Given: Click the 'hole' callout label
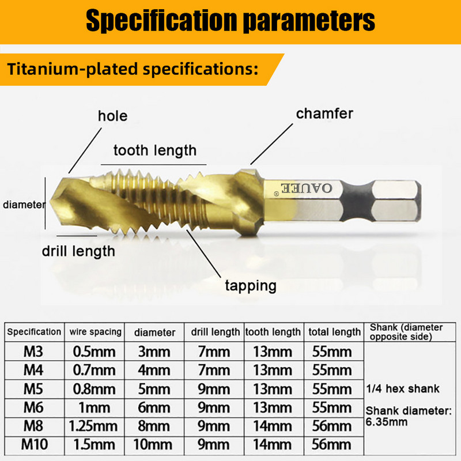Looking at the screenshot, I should point(112,116).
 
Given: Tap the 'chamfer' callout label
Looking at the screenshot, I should point(324,114).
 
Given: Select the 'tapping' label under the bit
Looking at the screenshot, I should point(250,285).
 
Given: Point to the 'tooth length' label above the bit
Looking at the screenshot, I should point(154,151).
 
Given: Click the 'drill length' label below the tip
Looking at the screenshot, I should point(78,251).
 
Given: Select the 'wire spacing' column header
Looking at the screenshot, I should point(96,331).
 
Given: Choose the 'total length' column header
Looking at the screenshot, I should point(334,331).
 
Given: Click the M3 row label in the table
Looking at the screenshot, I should point(34,351).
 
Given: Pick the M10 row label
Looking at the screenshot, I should point(34,444).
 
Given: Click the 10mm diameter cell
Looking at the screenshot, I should point(154,444).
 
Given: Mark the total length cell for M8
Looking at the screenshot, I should point(331,426).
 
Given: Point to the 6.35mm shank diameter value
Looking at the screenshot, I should point(387,421).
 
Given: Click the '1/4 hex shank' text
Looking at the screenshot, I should point(403,388).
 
